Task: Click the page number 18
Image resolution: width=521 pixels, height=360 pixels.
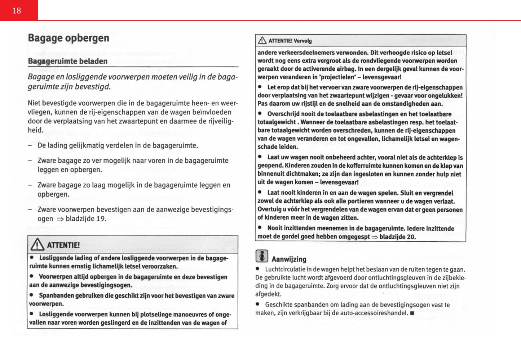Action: click(x=17, y=11)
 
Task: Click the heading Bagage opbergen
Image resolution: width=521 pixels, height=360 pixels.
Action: click(x=69, y=38)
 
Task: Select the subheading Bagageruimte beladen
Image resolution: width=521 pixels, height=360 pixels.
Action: click(x=67, y=61)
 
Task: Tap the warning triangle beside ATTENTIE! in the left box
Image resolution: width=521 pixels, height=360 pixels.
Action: click(x=37, y=245)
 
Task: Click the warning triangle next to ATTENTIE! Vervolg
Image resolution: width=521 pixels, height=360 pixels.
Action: click(x=262, y=41)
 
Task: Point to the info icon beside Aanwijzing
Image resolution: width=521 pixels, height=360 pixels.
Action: click(x=262, y=256)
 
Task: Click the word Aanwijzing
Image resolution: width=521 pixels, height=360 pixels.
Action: click(x=289, y=259)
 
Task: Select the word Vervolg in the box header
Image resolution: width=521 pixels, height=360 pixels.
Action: click(x=303, y=41)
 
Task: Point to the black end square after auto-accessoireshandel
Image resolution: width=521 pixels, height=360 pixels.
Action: click(x=412, y=313)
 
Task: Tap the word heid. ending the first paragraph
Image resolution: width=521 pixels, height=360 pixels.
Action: click(x=35, y=130)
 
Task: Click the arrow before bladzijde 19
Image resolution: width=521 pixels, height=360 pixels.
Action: click(x=60, y=219)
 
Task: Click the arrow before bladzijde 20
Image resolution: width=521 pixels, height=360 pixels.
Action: click(x=375, y=237)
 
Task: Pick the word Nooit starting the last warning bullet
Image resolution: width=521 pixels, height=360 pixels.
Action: click(x=276, y=228)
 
